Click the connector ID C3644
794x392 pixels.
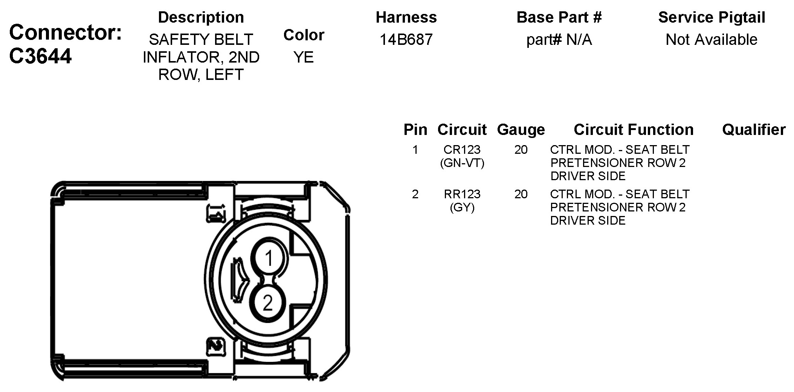coord(40,56)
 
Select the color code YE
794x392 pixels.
coord(304,57)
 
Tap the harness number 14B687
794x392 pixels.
coord(406,40)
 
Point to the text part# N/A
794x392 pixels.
coord(559,40)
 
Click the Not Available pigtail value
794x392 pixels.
coord(712,40)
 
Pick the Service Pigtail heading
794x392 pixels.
coord(712,17)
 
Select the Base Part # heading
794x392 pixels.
coord(559,17)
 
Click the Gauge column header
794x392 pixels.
coord(521,130)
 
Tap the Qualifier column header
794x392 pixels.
coord(754,130)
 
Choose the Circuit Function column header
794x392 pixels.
coord(634,130)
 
